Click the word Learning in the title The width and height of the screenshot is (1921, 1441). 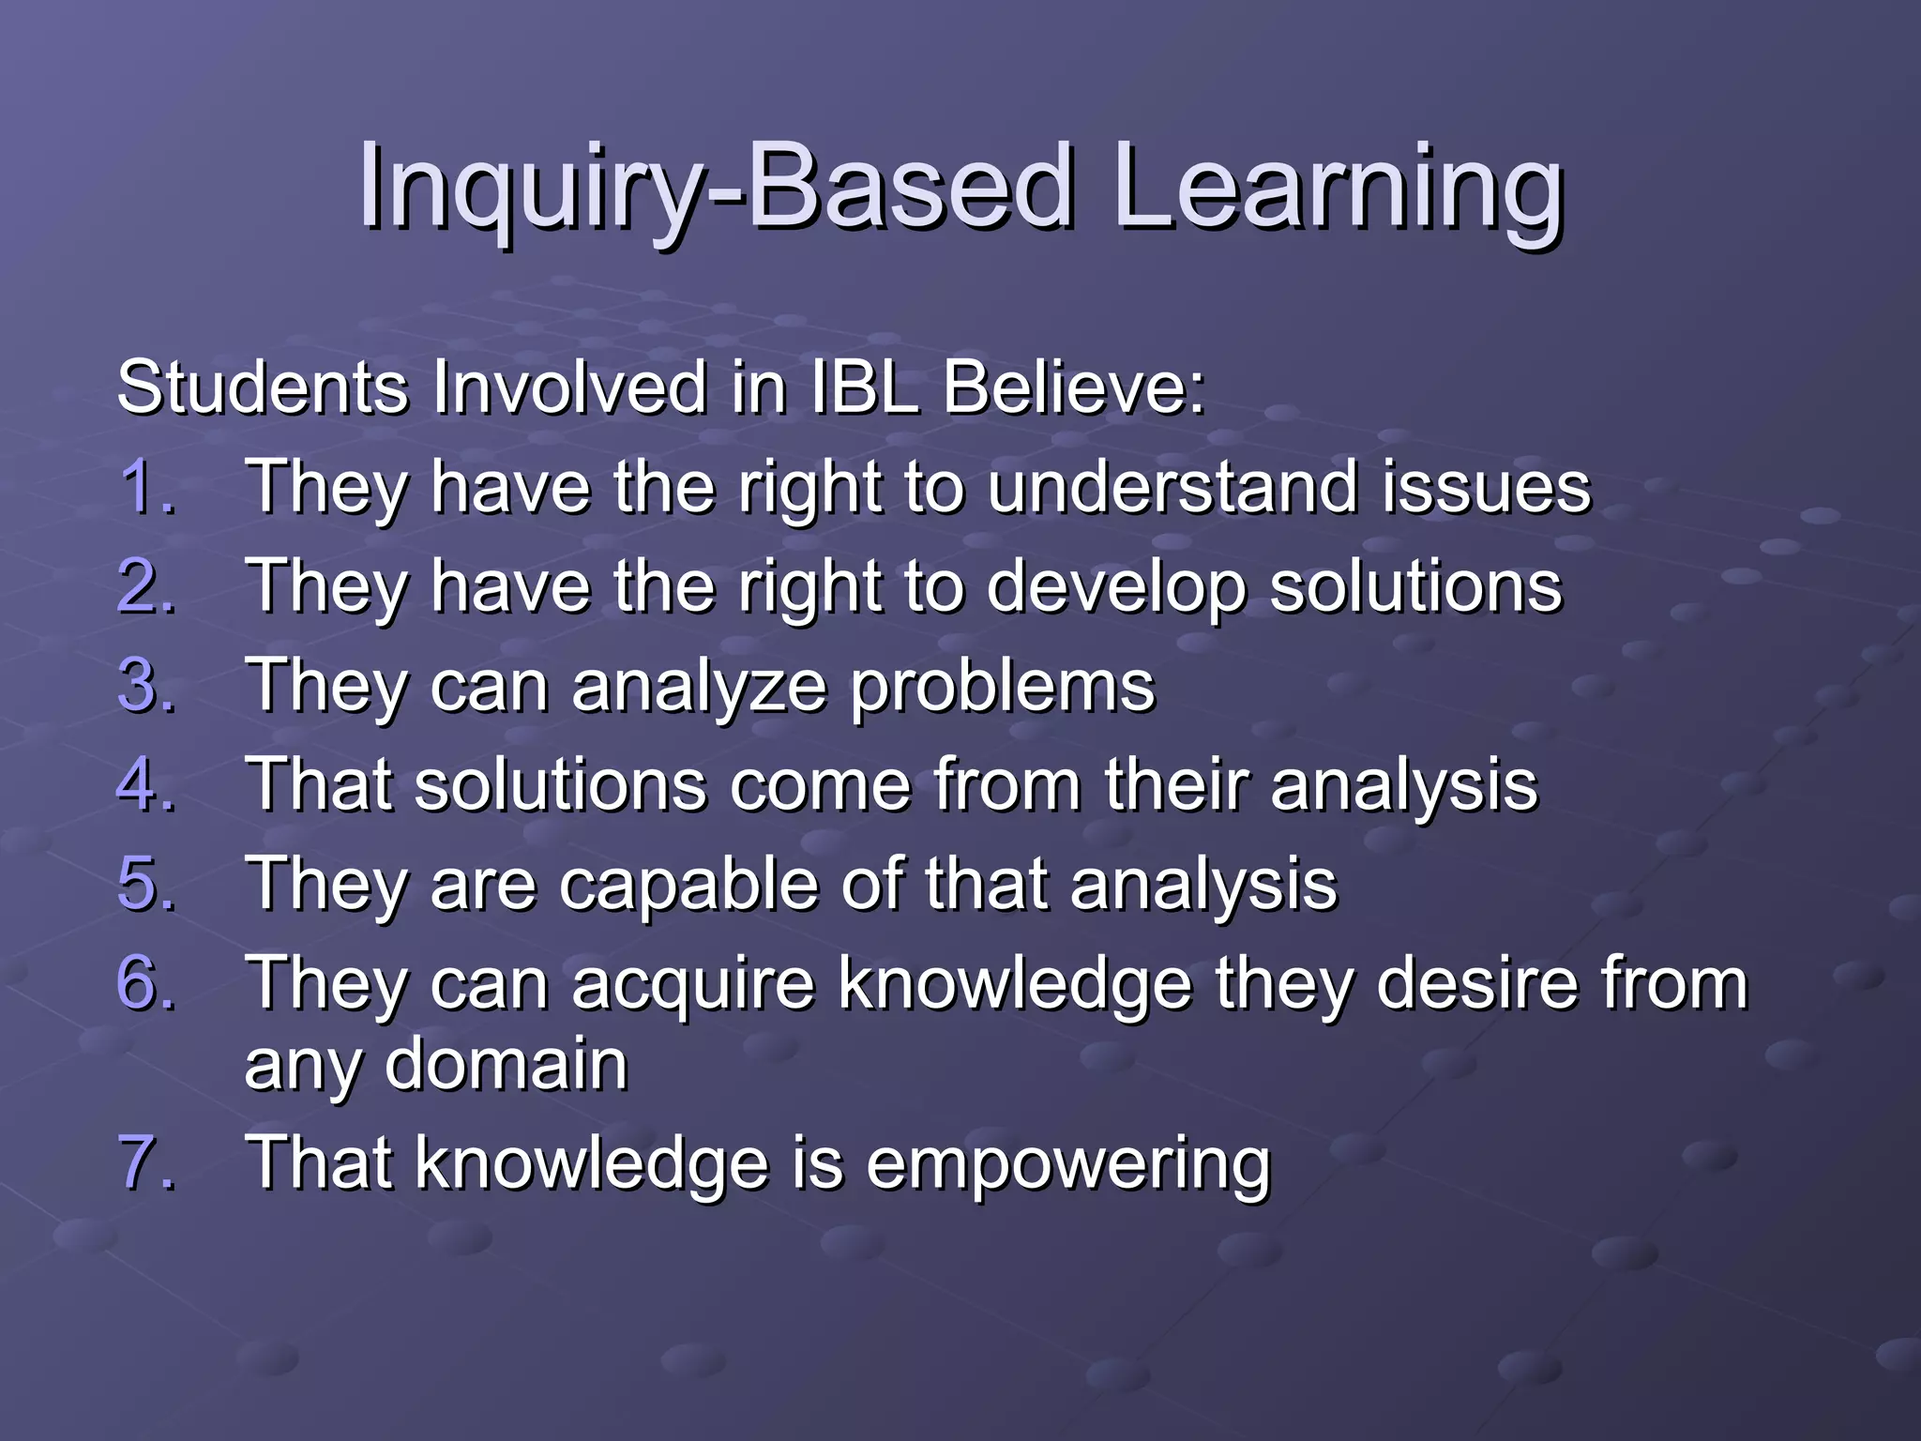(1337, 188)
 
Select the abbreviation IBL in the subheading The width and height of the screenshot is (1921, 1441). (863, 387)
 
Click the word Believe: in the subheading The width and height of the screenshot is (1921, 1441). (1073, 387)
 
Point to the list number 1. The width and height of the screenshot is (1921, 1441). (145, 487)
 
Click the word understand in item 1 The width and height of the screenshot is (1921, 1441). (1172, 487)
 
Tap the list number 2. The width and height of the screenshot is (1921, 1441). (145, 586)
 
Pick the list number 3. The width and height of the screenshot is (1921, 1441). (145, 686)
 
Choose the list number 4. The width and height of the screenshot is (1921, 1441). (145, 784)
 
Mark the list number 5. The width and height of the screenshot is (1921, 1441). (145, 884)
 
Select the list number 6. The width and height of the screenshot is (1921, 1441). (145, 983)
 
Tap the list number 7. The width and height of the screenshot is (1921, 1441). (145, 1163)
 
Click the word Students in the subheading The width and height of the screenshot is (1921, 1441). (263, 387)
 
